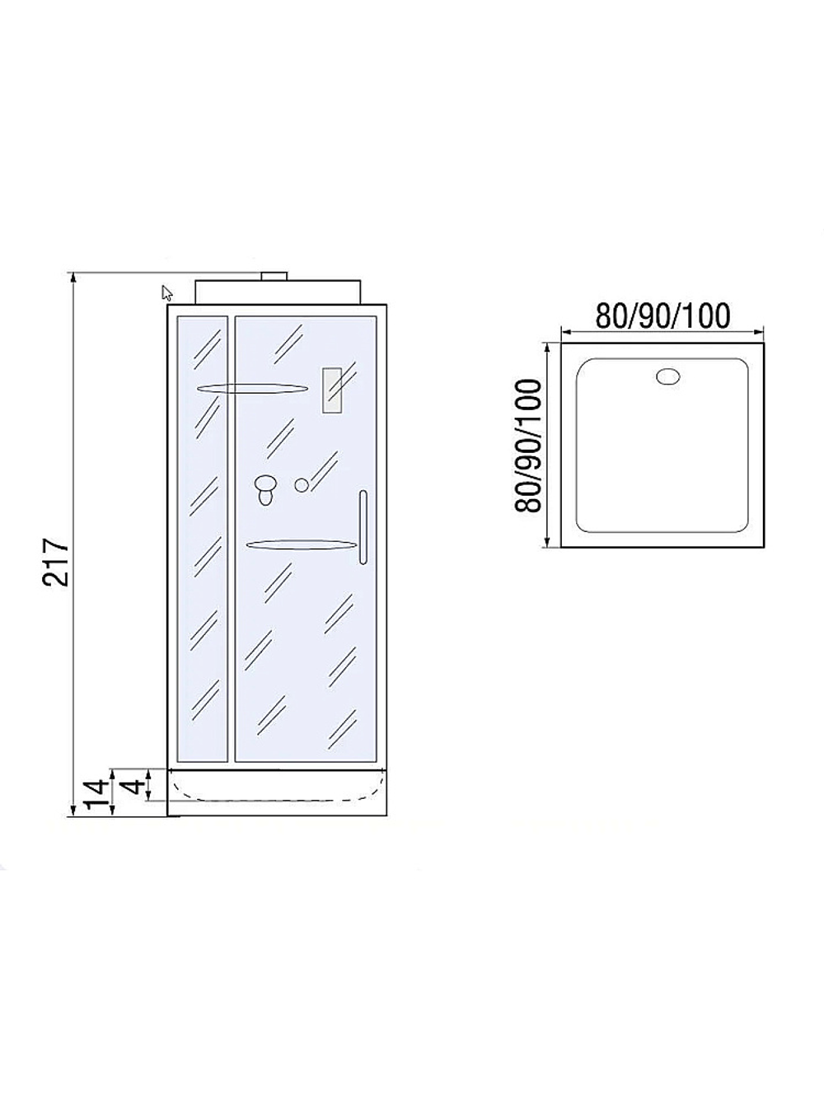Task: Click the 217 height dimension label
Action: coord(55,562)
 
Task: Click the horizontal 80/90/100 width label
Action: coord(662,315)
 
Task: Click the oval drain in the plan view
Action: coord(668,376)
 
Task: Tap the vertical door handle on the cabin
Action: coord(363,528)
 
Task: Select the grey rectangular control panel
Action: coord(332,390)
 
